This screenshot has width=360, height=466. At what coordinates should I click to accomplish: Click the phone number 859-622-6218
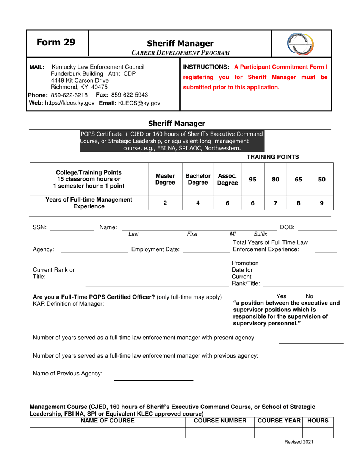coord(69,94)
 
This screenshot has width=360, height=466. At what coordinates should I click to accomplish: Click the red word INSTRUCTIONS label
coord(206,67)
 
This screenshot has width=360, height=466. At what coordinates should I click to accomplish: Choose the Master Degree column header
coord(165,180)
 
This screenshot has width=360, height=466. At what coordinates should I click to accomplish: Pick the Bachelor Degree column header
coord(197,180)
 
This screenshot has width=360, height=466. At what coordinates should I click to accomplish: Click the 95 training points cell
coord(252,180)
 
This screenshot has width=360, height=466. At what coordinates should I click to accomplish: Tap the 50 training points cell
coord(321,180)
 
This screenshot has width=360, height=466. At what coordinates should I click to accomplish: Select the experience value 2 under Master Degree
coord(165,203)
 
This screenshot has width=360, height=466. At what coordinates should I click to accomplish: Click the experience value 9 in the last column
coord(321,203)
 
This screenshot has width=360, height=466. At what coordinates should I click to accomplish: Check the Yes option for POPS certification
coord(281,296)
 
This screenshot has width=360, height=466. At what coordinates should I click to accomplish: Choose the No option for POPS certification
coord(309,296)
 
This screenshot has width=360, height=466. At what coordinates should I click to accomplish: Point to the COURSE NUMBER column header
coord(220,421)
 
